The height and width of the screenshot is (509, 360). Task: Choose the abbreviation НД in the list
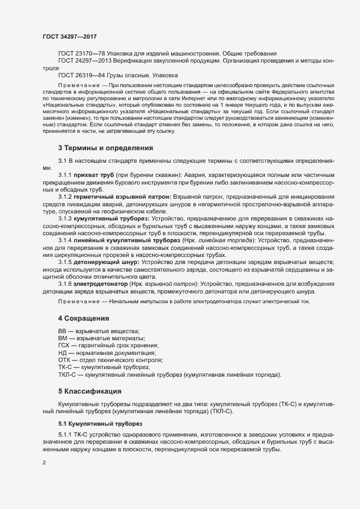[x=63, y=353]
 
